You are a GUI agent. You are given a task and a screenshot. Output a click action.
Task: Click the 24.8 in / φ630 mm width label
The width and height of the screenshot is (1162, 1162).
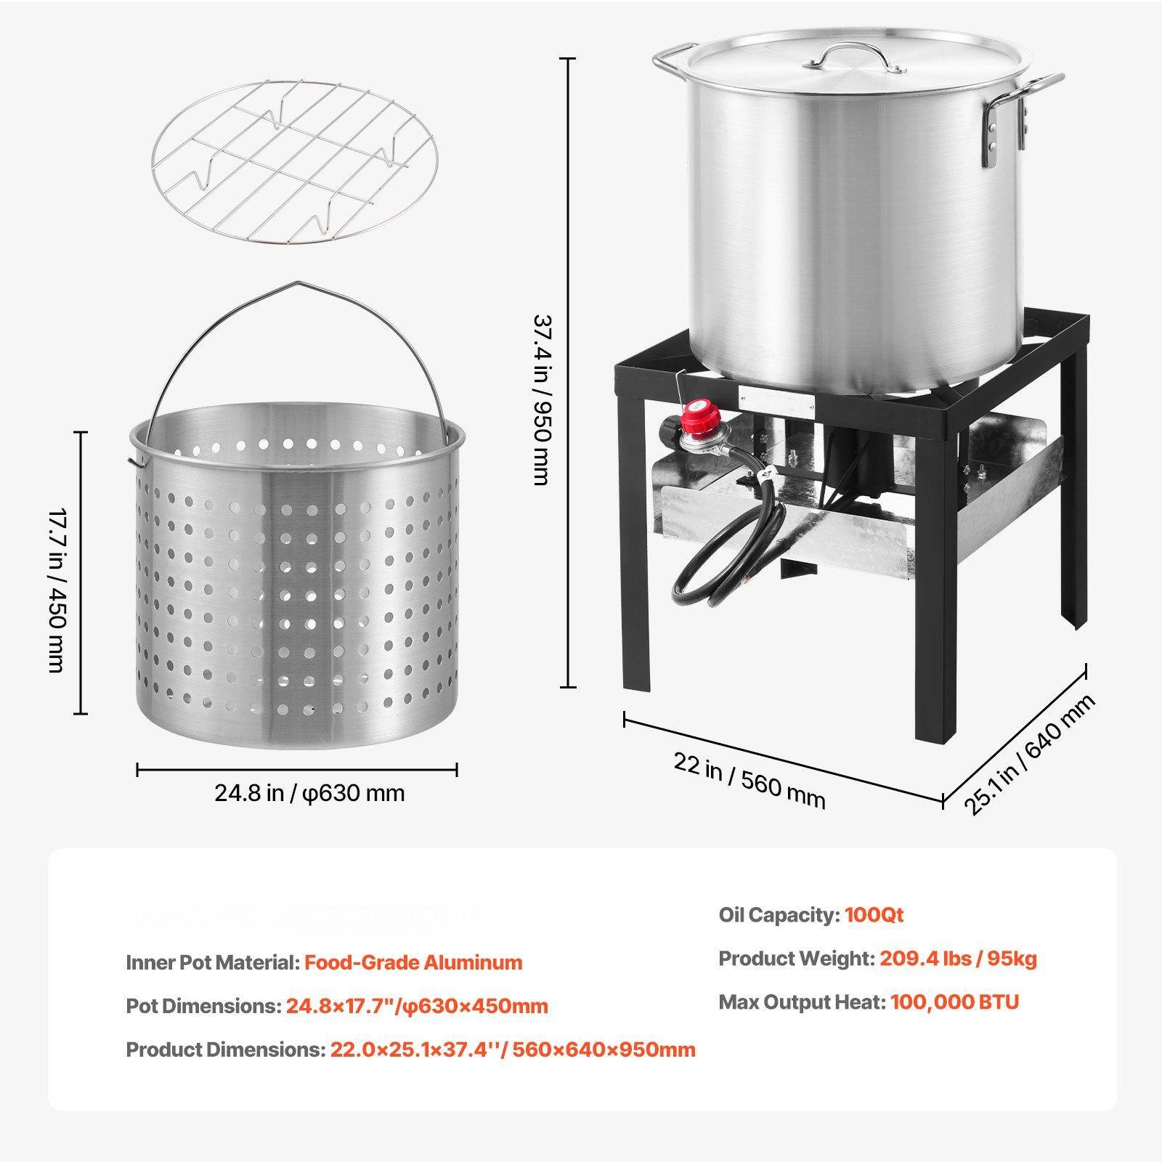309,792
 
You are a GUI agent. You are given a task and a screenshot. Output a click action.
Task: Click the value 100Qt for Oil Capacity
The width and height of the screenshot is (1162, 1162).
874,914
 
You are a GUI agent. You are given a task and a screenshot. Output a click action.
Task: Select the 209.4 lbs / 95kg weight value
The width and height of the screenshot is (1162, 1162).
958,959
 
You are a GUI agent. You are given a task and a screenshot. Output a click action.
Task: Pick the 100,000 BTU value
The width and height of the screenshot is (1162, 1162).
954,1002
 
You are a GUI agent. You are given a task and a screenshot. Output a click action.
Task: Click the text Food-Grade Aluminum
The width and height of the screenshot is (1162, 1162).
413,962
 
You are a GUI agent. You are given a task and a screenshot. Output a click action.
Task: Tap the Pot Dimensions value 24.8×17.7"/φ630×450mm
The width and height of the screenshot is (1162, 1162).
417,1006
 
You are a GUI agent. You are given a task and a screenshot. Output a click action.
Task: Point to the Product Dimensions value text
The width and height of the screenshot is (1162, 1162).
513,1049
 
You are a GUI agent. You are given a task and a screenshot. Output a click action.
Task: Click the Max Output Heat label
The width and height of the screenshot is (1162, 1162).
802,1002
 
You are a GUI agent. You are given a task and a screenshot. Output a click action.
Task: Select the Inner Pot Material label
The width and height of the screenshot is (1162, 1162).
212,962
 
